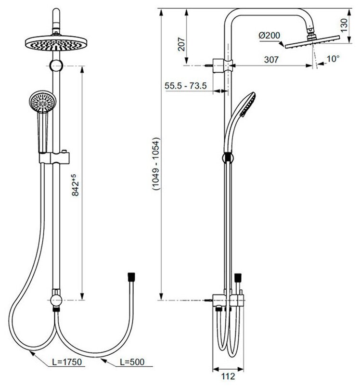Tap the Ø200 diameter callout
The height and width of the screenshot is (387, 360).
pyautogui.click(x=268, y=36)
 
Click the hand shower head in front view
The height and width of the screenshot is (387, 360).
pyautogui.click(x=42, y=102)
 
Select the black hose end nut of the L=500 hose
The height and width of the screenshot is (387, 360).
pyautogui.click(x=130, y=277)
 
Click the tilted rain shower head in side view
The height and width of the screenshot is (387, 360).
pyautogui.click(x=303, y=44)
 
